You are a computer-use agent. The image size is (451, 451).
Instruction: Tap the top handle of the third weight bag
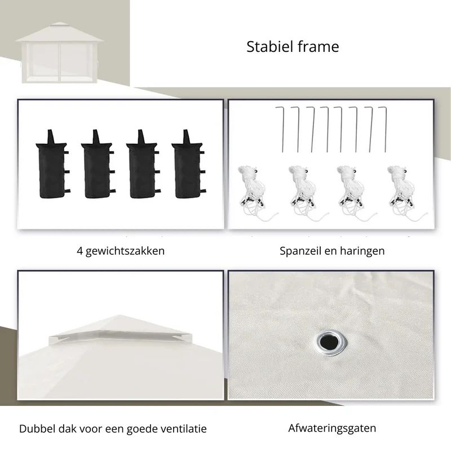pos(141,136)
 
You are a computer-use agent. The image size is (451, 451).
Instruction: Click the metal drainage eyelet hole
pos(330,343)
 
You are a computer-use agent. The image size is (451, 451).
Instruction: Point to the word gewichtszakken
pos(125,251)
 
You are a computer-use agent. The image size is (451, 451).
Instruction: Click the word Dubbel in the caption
pos(37,429)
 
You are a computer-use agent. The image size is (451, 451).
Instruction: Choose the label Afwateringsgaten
pos(332,428)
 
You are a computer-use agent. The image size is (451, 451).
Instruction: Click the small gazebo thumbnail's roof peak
pos(59,23)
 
